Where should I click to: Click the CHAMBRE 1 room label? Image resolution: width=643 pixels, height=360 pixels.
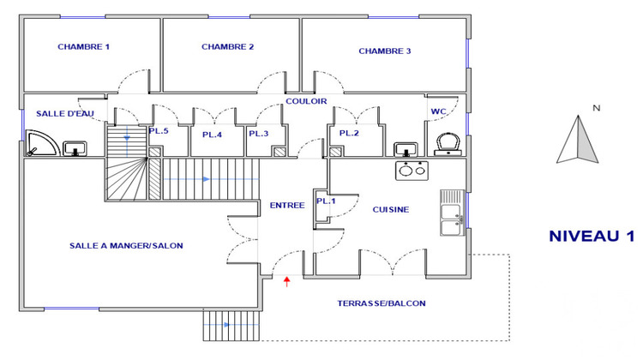click(83, 47)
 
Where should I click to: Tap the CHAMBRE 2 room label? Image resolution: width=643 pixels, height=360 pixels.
click(227, 47)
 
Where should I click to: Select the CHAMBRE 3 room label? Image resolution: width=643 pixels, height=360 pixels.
click(384, 51)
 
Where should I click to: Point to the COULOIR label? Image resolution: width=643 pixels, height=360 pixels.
click(307, 101)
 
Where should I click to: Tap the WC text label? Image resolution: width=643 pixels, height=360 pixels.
click(439, 112)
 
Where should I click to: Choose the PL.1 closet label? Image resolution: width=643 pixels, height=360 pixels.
click(325, 201)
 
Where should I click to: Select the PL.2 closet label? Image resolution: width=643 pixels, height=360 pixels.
click(348, 134)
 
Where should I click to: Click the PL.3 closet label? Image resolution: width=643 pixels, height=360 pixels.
click(259, 134)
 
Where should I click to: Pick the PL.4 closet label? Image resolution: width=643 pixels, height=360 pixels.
click(212, 135)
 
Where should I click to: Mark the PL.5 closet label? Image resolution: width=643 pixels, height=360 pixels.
click(159, 131)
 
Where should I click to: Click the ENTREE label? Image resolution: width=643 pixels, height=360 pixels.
click(287, 206)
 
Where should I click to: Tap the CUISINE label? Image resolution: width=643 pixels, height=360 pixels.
click(390, 210)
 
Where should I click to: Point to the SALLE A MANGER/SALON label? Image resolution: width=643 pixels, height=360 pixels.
click(126, 246)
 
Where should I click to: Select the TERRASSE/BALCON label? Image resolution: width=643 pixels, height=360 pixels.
click(382, 303)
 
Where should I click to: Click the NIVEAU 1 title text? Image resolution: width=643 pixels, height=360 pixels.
click(592, 237)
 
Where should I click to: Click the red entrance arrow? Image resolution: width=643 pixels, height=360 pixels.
click(287, 279)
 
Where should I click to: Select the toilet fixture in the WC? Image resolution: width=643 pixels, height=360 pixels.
click(446, 143)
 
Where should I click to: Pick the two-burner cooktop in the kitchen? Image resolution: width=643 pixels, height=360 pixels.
click(412, 170)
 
